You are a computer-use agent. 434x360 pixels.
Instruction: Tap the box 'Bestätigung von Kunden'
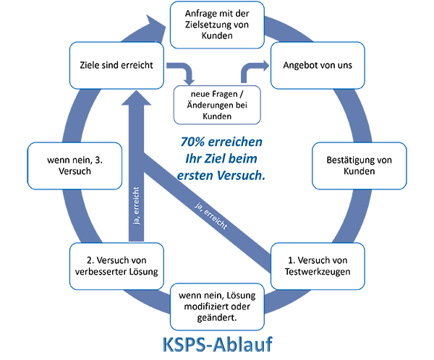[x=354, y=166]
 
